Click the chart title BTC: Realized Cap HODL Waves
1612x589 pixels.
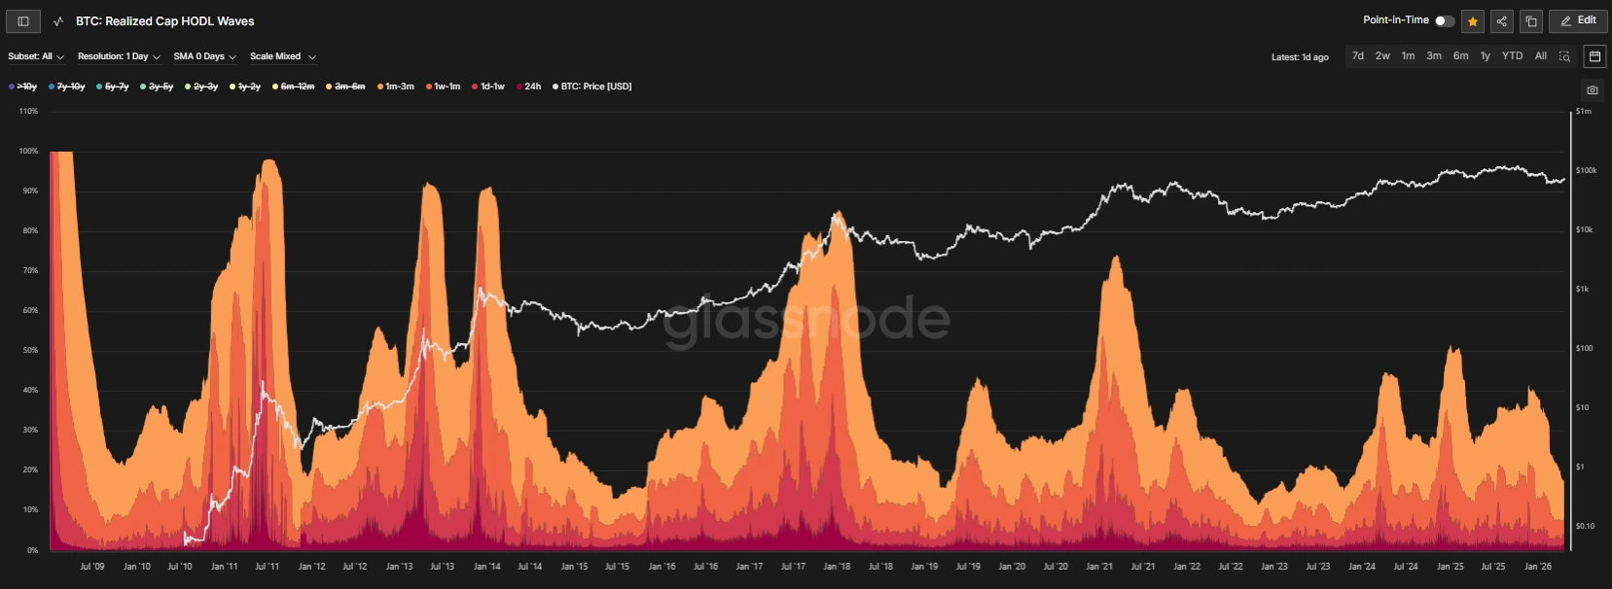(164, 21)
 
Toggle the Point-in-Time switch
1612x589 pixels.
(1445, 21)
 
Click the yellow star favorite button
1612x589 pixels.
(1473, 21)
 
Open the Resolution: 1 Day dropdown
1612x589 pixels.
(119, 56)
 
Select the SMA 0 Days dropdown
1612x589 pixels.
(204, 56)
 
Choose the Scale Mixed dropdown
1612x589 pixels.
(282, 56)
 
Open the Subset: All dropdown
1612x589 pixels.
(36, 56)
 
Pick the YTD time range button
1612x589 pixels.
(1512, 56)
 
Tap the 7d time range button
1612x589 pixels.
(1358, 56)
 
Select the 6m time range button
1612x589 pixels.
(1460, 56)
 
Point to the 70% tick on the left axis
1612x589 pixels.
(29, 270)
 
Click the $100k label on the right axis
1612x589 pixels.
(1587, 170)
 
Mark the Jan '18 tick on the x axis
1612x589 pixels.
(837, 567)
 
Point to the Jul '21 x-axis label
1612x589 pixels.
(1143, 567)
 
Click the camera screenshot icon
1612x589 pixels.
(1592, 90)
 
